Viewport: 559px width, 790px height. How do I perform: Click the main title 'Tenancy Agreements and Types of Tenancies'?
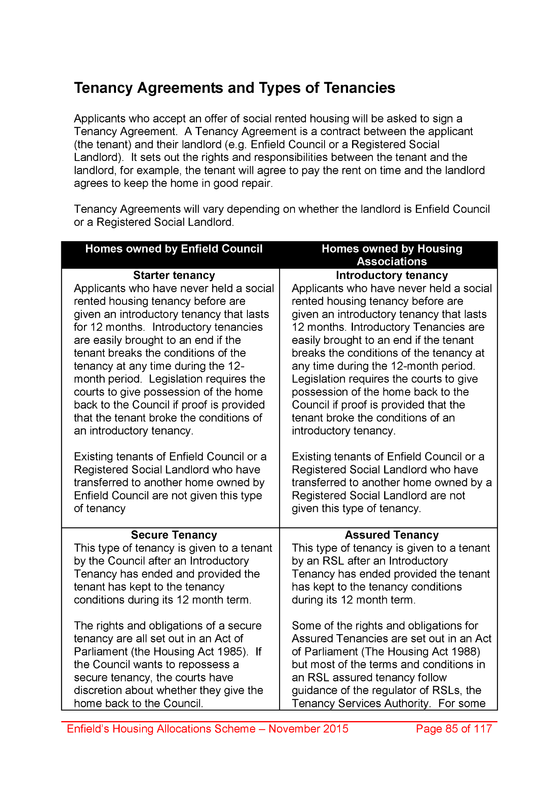tap(234, 88)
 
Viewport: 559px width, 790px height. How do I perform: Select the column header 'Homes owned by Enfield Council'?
tap(174, 249)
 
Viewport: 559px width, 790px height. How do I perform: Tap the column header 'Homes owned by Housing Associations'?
tap(391, 255)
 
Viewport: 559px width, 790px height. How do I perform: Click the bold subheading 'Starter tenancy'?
tap(174, 276)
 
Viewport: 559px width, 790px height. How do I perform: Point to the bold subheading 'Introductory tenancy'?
tap(391, 276)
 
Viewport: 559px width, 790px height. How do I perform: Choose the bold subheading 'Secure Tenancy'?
tap(174, 535)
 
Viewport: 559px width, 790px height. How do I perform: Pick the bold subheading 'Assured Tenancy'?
tap(391, 535)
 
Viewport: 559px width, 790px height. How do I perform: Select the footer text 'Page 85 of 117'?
tap(454, 729)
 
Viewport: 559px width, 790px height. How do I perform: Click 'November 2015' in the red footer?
tap(308, 729)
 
